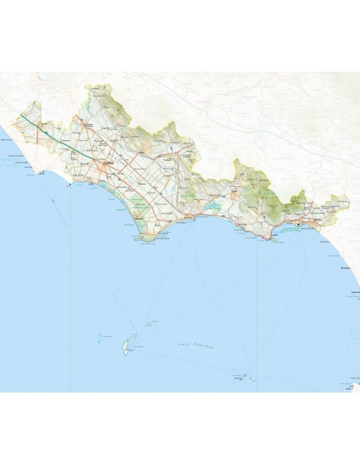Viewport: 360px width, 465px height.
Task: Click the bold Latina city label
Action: pyautogui.click(x=107, y=166)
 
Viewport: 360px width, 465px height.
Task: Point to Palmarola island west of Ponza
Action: pyautogui.click(x=100, y=338)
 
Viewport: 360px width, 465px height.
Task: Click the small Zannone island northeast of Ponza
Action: pyautogui.click(x=149, y=324)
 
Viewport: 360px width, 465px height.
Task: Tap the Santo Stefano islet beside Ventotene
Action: pyautogui.click(x=246, y=376)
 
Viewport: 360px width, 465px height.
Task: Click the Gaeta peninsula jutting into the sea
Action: pyautogui.click(x=276, y=238)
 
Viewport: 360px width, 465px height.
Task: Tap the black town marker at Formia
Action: pyautogui.click(x=298, y=225)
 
